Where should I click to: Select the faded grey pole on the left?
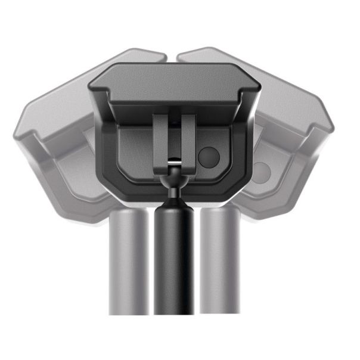coord(127,262)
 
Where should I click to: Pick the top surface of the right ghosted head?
coord(280,89)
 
